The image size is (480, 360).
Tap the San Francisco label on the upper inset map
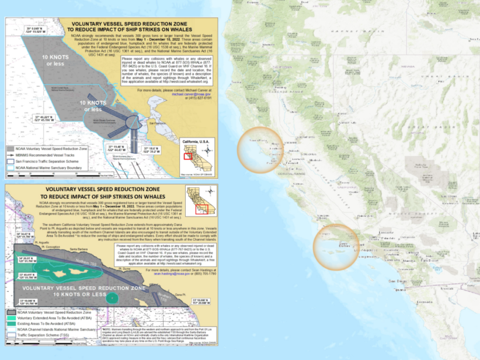pyautogui.click(x=154, y=124)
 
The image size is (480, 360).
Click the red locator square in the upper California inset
pyautogui.click(x=188, y=156)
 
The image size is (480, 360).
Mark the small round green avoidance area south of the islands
pyautogui.click(x=112, y=297)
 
